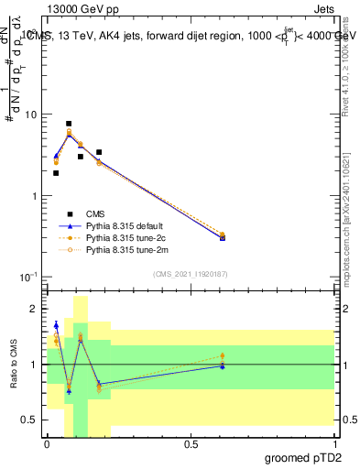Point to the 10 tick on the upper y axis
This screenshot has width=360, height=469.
coord(31,115)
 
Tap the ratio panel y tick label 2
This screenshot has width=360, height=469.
coord(34,310)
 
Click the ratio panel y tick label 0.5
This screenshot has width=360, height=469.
coord(30,420)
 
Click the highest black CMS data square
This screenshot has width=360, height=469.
coord(69,124)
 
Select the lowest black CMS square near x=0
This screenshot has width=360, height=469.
coord(56,172)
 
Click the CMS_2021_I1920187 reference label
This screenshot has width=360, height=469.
coord(190,274)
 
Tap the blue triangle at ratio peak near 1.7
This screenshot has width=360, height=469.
coord(56,325)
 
